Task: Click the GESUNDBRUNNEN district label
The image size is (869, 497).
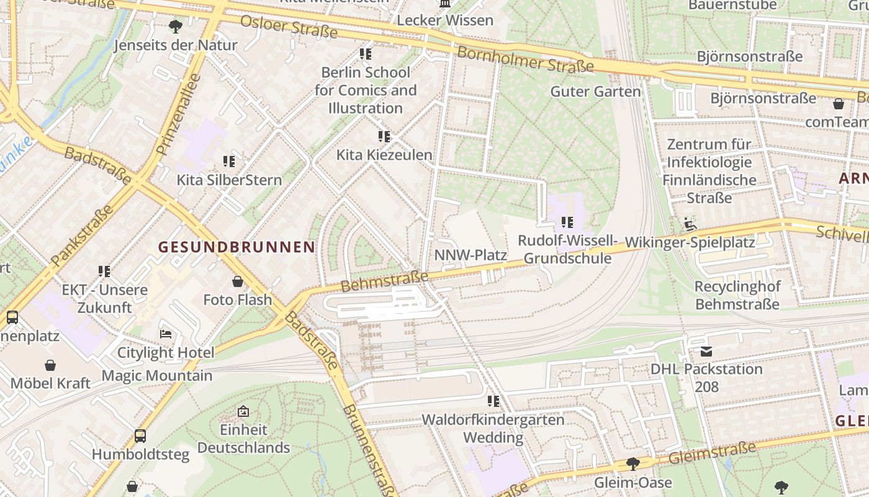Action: [x=236, y=247]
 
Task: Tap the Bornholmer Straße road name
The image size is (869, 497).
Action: [x=525, y=59]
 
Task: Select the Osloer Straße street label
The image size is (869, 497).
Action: [x=289, y=26]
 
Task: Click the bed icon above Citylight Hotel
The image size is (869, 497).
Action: [x=166, y=334]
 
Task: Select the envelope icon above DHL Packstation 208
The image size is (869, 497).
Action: [x=706, y=351]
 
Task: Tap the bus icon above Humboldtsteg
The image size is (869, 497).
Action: [x=140, y=436]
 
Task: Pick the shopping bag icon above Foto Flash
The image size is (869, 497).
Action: [x=238, y=281]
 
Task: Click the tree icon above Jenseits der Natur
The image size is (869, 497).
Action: [x=176, y=27]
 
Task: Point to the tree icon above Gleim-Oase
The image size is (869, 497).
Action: [x=633, y=464]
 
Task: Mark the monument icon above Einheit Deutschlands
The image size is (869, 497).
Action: [x=243, y=411]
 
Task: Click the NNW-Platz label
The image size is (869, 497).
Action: [x=471, y=255]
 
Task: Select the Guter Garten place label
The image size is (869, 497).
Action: [x=595, y=91]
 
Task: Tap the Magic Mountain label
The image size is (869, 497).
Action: [x=156, y=376]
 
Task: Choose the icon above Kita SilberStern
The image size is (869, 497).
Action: [x=229, y=162]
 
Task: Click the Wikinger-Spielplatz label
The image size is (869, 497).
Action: [x=690, y=242]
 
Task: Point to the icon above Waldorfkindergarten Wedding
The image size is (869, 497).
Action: [x=493, y=401]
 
